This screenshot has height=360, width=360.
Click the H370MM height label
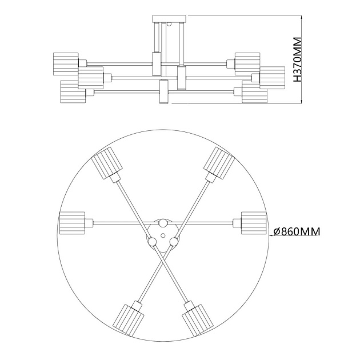(x=296, y=60)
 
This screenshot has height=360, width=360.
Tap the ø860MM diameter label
(x=296, y=231)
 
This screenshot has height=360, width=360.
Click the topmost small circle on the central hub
(x=163, y=222)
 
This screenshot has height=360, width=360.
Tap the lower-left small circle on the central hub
(x=153, y=242)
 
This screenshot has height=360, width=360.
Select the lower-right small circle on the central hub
(x=174, y=242)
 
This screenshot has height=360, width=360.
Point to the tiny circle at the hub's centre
(x=163, y=235)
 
